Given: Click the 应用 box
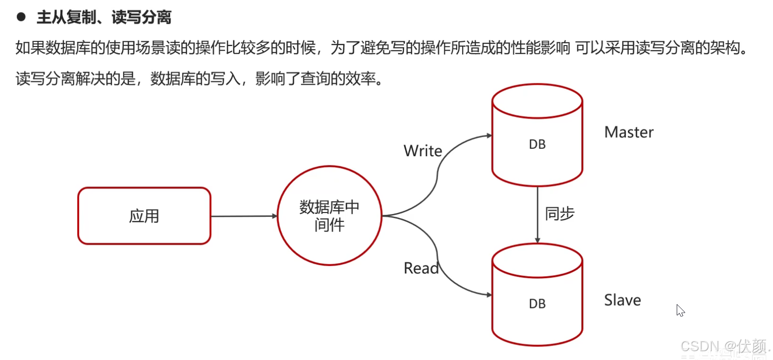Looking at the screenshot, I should (x=144, y=216).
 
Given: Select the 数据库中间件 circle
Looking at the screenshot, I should (x=329, y=216).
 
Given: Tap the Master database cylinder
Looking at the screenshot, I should (x=537, y=135).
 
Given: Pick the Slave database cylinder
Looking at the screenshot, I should (x=537, y=294).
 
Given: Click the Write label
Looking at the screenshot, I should (x=423, y=151).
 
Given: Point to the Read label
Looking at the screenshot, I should (x=421, y=268).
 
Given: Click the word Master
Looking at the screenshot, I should (x=629, y=133).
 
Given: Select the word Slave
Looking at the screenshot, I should (x=622, y=300).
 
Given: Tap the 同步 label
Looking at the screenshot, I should (x=560, y=214).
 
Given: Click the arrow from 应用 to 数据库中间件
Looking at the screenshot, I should (x=244, y=216).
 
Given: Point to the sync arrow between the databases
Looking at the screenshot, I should (x=537, y=214).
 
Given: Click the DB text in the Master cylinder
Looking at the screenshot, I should (x=537, y=145).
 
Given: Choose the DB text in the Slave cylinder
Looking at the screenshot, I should (x=537, y=304).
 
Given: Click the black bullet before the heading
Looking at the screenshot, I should (x=21, y=17).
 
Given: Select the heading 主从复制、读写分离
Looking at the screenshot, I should (x=104, y=18).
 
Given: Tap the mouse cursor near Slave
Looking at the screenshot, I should (x=680, y=310).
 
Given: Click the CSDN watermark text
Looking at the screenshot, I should (x=723, y=347).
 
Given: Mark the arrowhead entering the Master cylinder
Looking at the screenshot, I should (x=489, y=136).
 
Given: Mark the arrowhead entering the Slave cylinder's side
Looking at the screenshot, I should (x=489, y=295).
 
